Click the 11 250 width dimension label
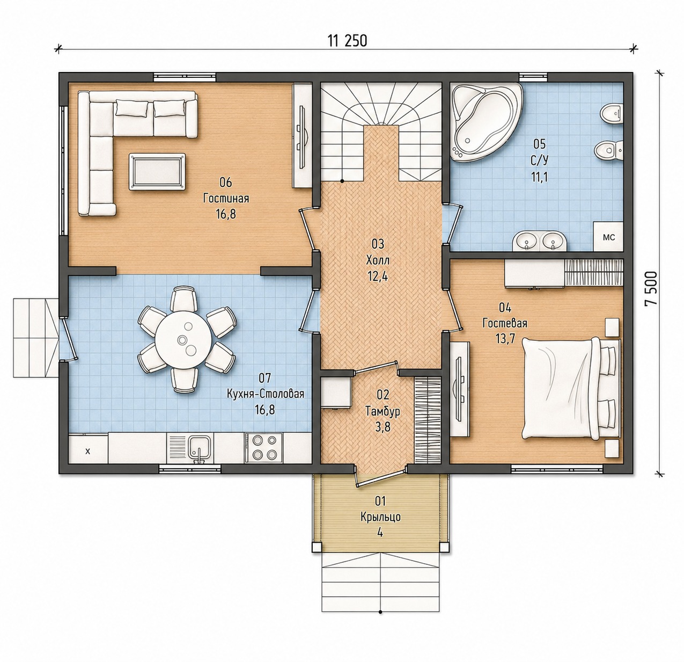coord(347,41)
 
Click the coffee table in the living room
coord(157,172)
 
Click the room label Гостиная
coord(226,199)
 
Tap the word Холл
coord(378,261)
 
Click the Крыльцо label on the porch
coord(381,516)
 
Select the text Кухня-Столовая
coord(266,394)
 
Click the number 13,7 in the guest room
coord(505,339)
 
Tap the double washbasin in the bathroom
coord(539,241)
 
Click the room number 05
coord(540,144)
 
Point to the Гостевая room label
coord(505,323)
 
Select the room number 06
coord(226,182)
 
